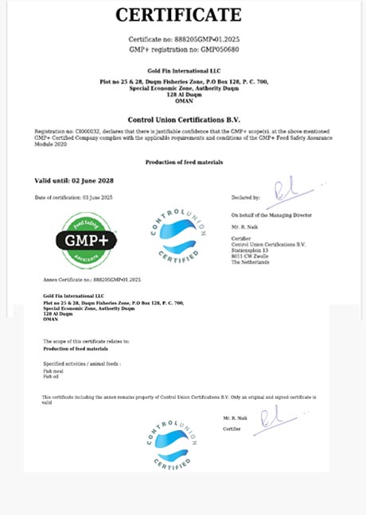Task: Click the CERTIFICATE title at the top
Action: click(178, 14)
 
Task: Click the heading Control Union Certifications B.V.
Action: click(184, 118)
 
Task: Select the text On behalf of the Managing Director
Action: click(271, 215)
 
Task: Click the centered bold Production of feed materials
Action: click(183, 161)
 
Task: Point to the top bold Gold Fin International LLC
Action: click(183, 71)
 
